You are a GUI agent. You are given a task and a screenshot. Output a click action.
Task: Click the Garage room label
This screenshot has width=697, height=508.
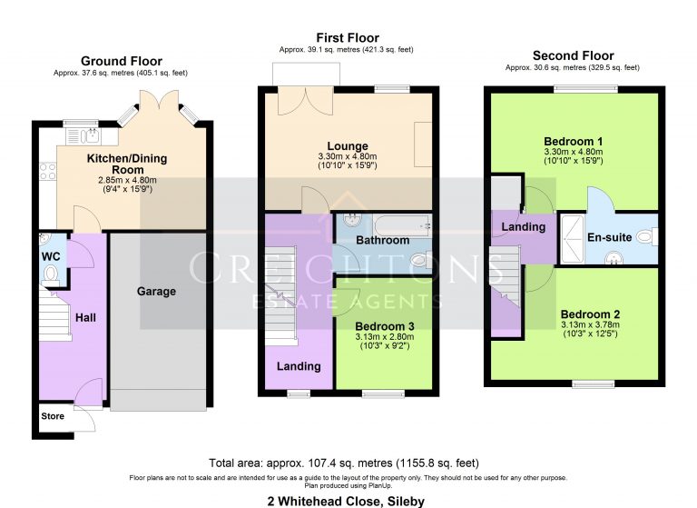tap(156, 292)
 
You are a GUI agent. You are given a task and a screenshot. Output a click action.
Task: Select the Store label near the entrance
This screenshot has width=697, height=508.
tap(53, 416)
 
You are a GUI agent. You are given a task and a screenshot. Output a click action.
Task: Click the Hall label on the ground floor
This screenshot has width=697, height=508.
tap(85, 317)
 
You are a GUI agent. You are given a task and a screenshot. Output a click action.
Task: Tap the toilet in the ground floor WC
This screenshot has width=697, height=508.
tap(51, 273)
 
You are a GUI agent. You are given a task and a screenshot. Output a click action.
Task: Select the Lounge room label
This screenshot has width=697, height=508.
tap(348, 146)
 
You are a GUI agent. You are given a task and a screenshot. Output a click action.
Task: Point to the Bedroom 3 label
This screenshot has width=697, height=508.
tap(385, 326)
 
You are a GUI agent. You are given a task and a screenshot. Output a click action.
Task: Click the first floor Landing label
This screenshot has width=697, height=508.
tap(299, 366)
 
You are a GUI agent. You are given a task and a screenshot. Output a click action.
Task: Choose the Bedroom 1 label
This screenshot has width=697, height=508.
tap(574, 142)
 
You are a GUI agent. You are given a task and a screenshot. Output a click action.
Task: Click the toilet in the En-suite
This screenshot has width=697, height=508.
tap(645, 237)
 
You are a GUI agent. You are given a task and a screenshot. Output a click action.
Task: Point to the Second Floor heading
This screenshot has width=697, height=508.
tap(573, 55)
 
